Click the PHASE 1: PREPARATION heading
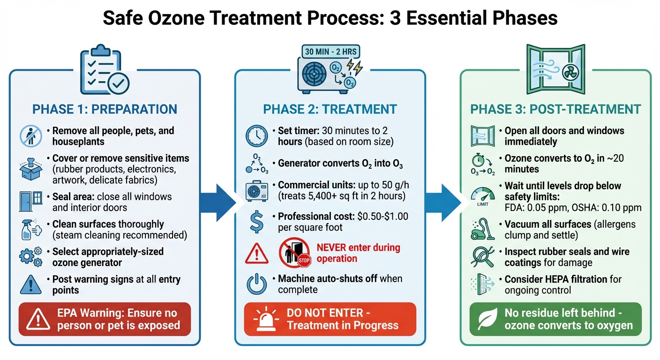(105, 110)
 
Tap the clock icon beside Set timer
(257, 136)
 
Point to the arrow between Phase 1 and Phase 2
(217, 202)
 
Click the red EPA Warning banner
(105, 319)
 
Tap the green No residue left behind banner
(555, 319)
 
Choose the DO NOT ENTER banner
(330, 319)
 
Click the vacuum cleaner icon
(482, 230)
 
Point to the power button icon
(257, 284)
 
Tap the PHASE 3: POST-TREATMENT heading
(555, 110)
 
